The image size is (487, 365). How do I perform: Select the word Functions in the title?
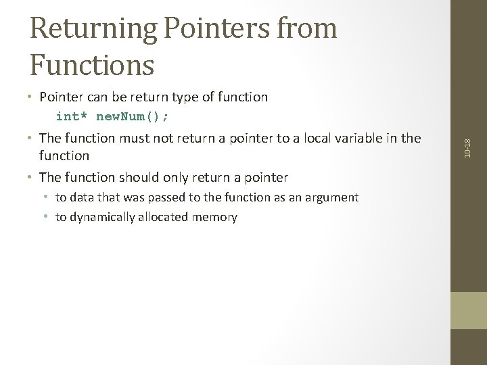92,65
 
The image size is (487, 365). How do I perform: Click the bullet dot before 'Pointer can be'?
32,98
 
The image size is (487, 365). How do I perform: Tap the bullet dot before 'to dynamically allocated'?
48,218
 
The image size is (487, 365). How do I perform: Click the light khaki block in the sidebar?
468,310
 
